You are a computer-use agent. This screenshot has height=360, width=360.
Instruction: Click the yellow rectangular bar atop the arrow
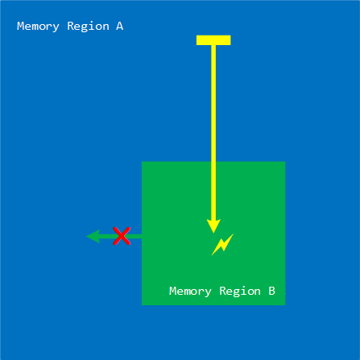click(x=213, y=40)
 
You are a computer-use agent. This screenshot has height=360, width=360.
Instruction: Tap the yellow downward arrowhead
click(x=213, y=226)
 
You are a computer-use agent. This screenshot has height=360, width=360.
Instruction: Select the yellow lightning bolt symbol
click(x=222, y=244)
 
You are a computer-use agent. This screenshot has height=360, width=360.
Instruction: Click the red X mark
click(x=122, y=236)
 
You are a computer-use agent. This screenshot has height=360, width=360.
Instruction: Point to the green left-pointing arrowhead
click(x=93, y=236)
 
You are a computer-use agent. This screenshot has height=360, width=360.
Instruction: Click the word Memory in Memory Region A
click(x=38, y=27)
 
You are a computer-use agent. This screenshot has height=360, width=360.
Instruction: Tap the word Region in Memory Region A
click(x=88, y=27)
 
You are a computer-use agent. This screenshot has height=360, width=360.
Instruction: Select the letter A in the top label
click(x=119, y=26)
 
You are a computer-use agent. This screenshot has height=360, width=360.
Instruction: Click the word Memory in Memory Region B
click(x=190, y=292)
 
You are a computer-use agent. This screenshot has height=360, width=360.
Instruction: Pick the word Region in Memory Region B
click(x=240, y=292)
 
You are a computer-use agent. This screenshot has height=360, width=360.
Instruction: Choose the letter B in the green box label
click(x=271, y=291)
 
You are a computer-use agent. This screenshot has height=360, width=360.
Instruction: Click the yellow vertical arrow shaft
click(x=213, y=132)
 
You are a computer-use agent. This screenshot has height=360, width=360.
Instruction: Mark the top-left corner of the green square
click(x=142, y=162)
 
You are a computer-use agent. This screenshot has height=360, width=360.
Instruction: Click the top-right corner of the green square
click(x=285, y=162)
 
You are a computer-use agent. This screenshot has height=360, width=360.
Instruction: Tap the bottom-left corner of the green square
click(x=142, y=305)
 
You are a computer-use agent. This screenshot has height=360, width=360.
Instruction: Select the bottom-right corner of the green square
click(x=285, y=305)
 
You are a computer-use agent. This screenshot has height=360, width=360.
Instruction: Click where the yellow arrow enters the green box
click(x=213, y=162)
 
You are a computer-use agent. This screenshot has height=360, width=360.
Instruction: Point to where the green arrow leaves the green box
click(x=142, y=236)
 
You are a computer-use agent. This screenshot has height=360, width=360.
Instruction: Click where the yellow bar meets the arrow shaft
click(x=213, y=45)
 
